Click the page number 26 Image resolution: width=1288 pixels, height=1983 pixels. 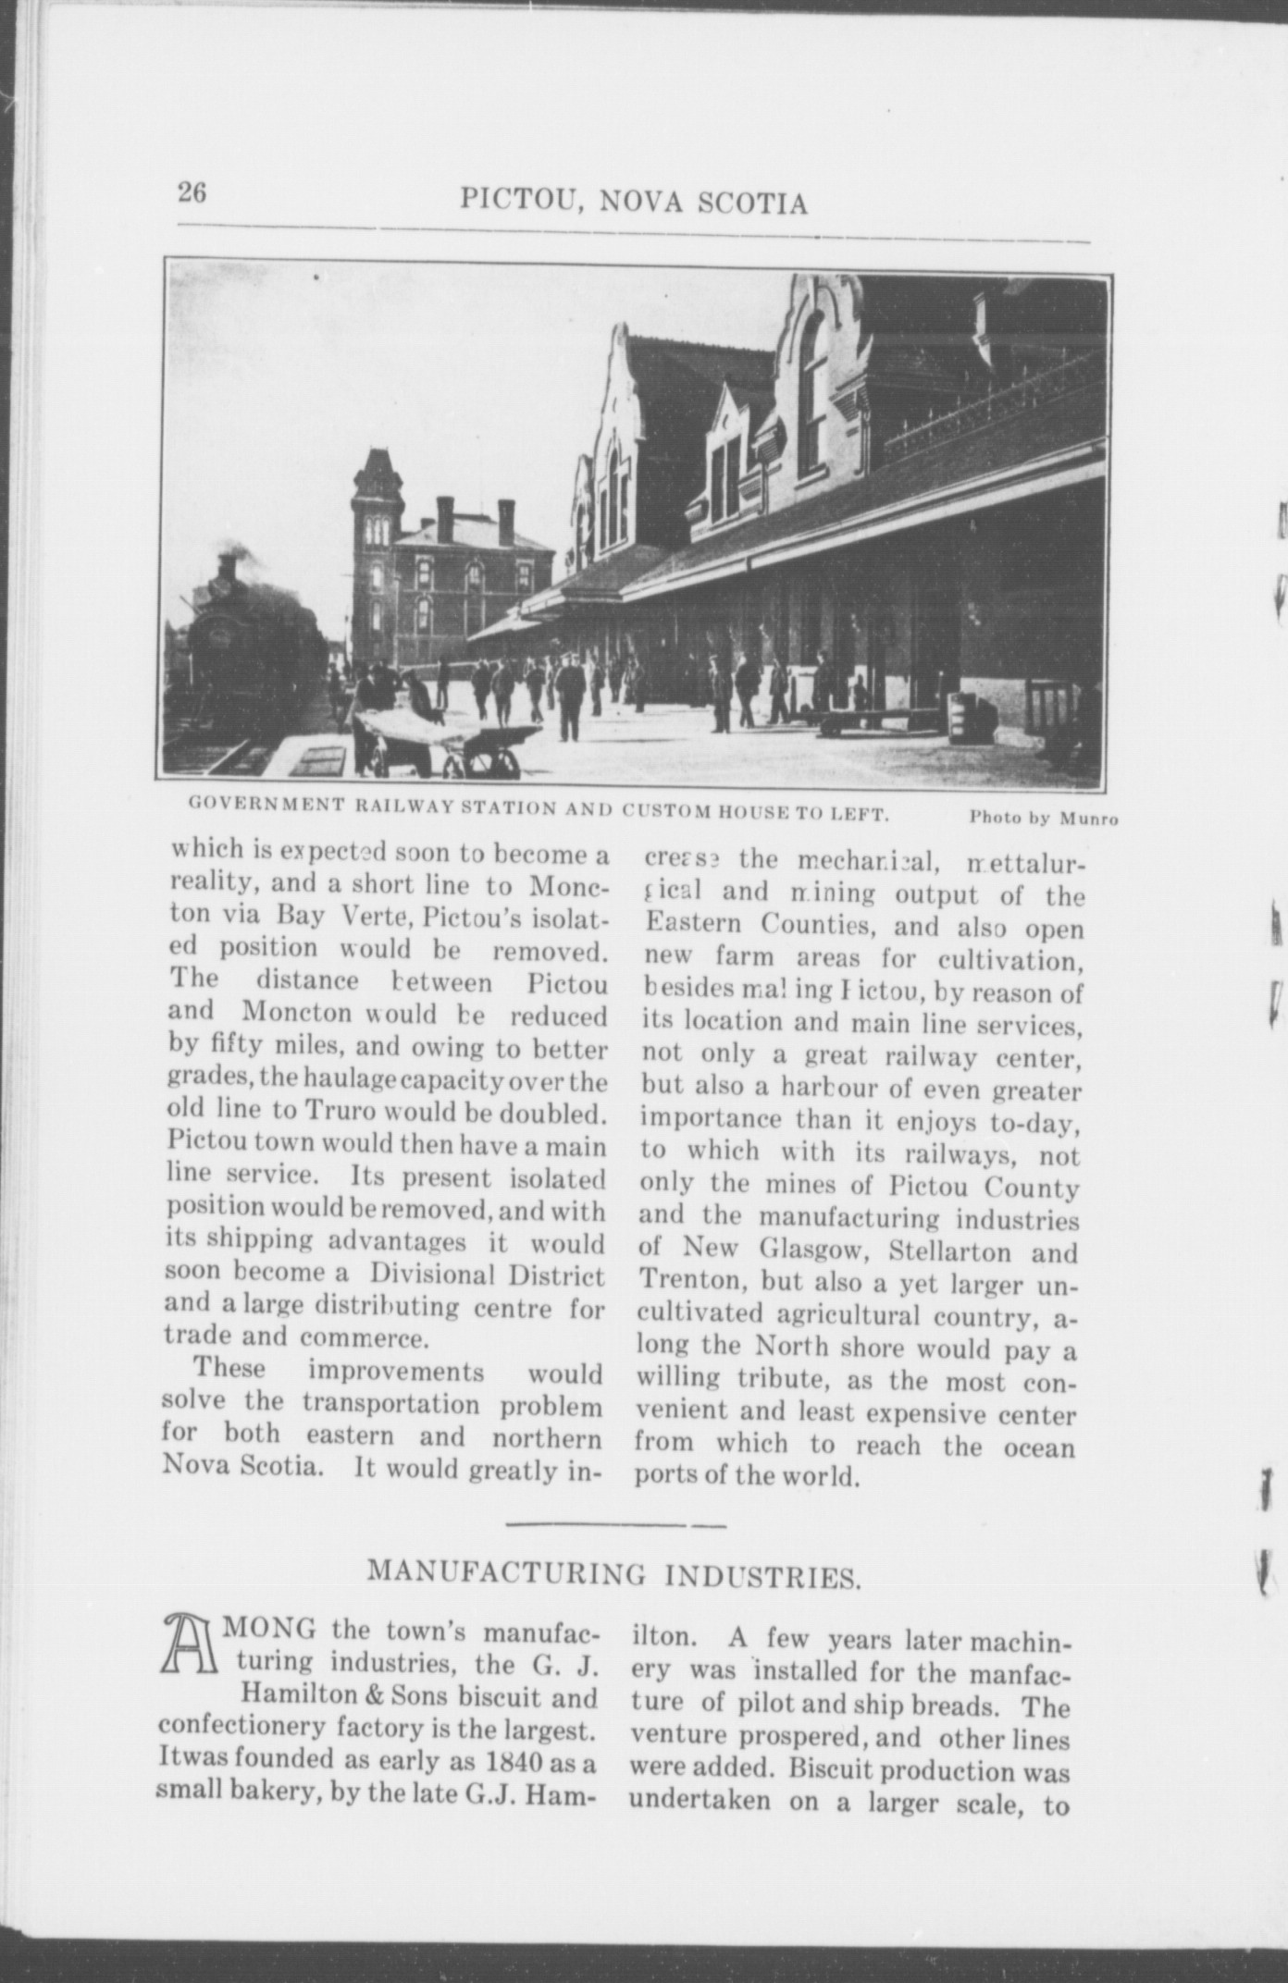pos(192,193)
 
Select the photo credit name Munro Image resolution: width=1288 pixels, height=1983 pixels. pos(1089,819)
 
